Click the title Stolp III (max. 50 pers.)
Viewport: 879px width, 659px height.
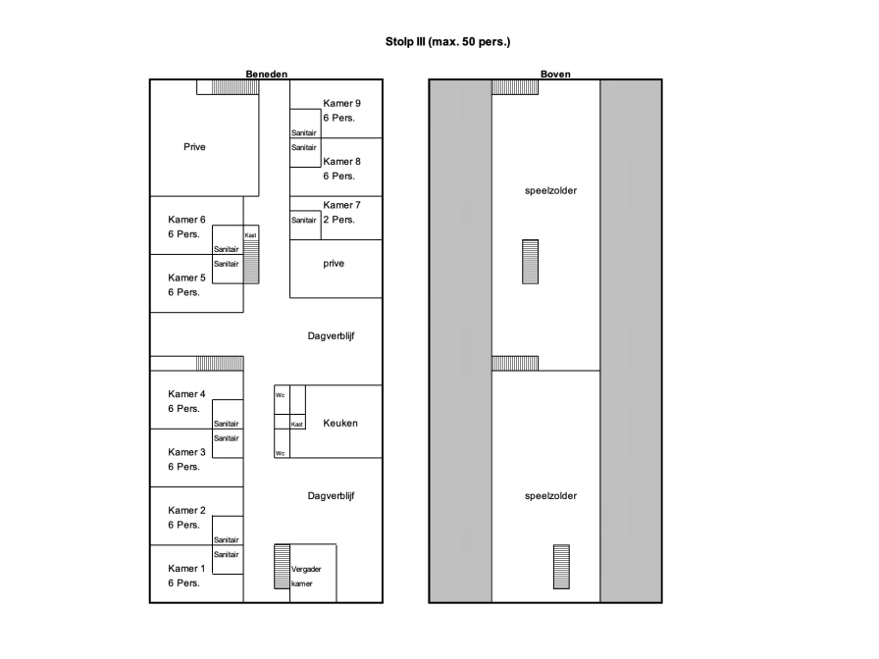447,41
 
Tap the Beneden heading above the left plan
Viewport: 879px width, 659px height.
266,74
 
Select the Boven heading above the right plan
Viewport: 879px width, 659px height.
555,74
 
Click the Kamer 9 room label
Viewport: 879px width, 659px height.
341,103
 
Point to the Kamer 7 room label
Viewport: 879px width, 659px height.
341,205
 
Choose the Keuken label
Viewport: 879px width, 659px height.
339,423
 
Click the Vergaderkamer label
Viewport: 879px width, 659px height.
305,576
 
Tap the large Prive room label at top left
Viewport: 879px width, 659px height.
194,147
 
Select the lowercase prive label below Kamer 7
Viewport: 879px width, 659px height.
334,264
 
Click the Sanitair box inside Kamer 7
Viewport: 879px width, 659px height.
305,226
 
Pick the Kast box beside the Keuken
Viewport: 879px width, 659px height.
297,422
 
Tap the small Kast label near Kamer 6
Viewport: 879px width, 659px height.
250,235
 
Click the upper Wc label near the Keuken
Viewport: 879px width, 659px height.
280,395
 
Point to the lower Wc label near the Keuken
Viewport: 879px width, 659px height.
280,453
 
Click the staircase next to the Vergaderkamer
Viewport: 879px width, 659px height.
282,566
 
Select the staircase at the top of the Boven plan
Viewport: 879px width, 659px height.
515,87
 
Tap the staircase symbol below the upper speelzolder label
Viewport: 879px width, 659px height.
531,262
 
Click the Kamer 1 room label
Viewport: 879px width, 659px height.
186,568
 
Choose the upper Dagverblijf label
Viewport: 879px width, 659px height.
331,336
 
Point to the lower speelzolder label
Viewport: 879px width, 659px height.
550,496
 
